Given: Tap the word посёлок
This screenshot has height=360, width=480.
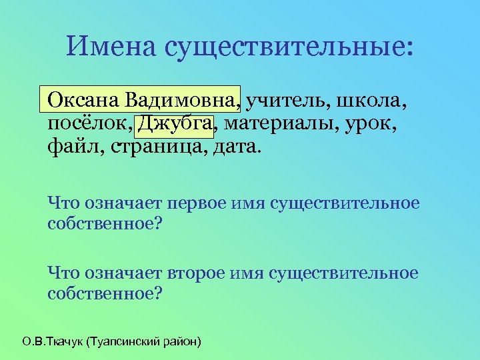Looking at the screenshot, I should coord(86,123).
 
